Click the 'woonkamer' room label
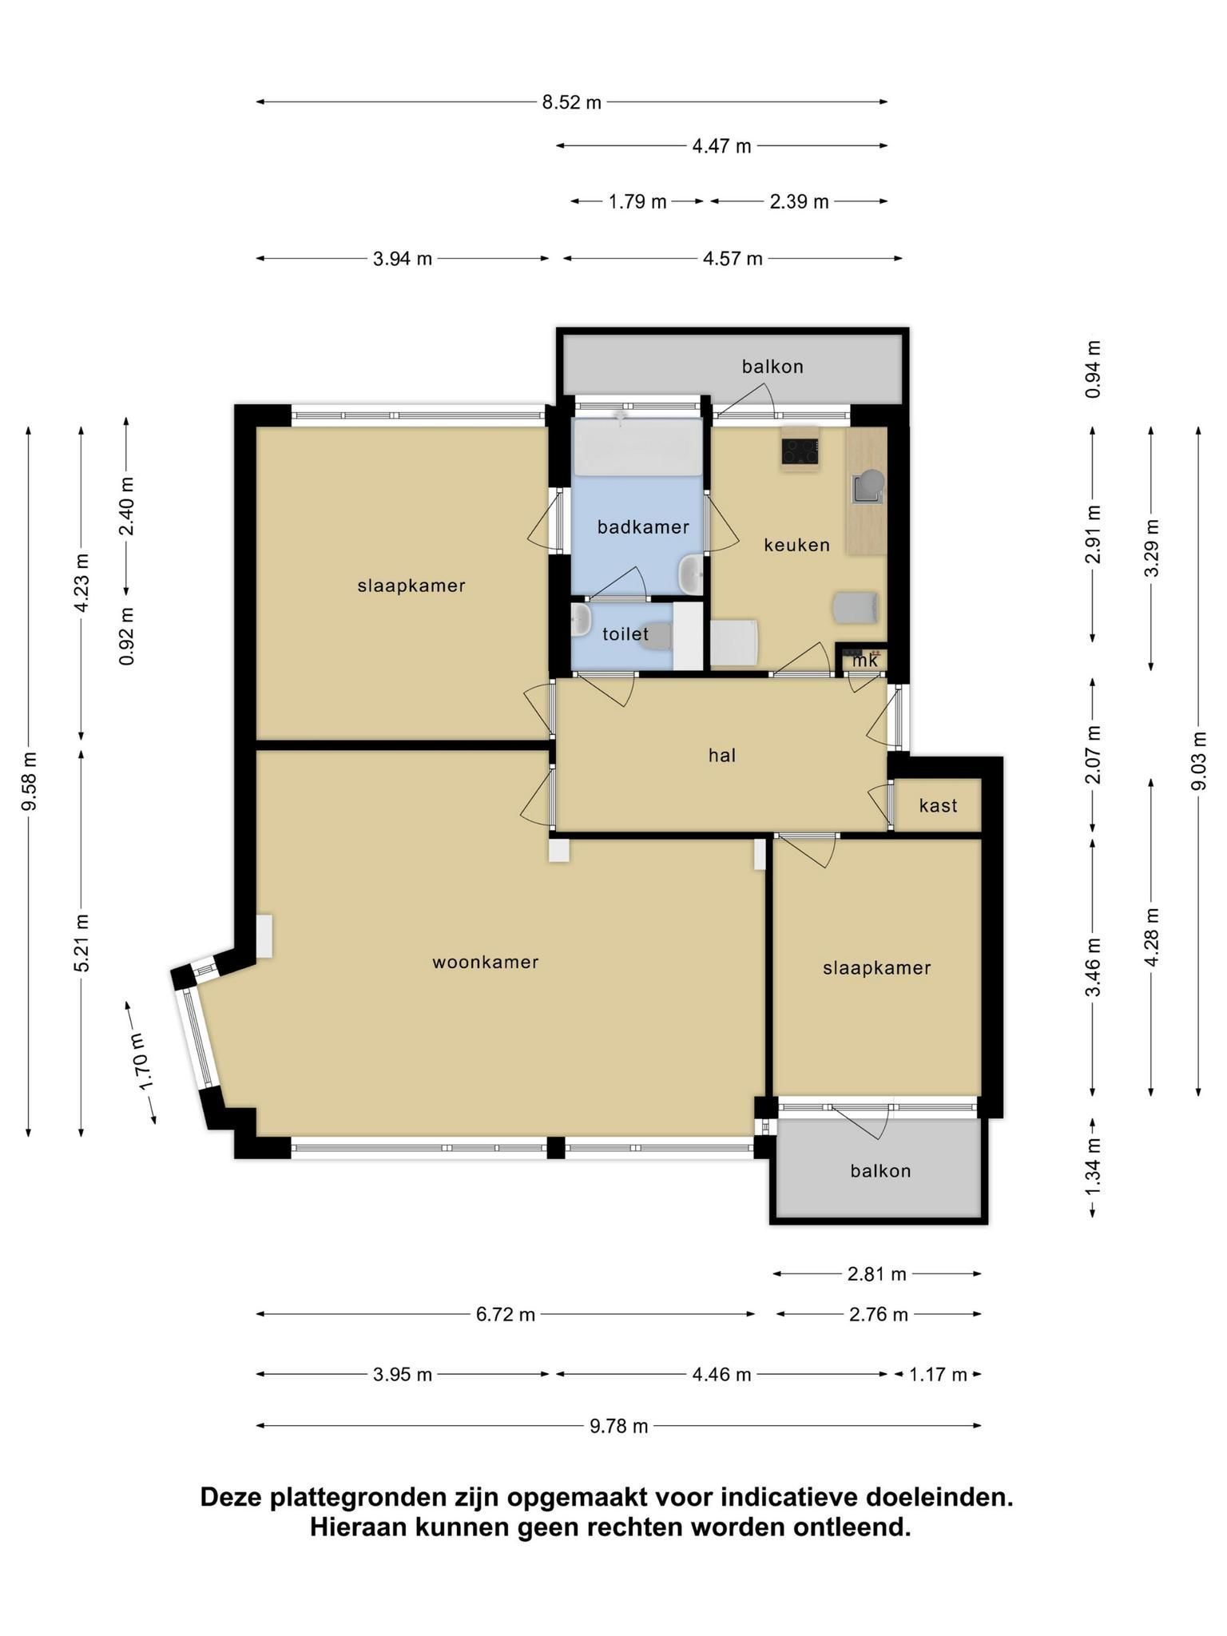point(486,962)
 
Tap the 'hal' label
point(722,755)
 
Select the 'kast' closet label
point(938,805)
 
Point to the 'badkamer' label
point(643,527)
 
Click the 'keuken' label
point(796,545)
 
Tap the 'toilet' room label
point(625,634)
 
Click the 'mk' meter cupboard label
point(865,661)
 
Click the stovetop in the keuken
point(800,452)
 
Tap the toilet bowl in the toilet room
point(657,635)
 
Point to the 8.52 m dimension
point(572,102)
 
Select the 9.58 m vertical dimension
point(30,781)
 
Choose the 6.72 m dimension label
point(506,1314)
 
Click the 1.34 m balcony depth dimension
point(1094,1167)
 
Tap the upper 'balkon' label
point(772,367)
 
